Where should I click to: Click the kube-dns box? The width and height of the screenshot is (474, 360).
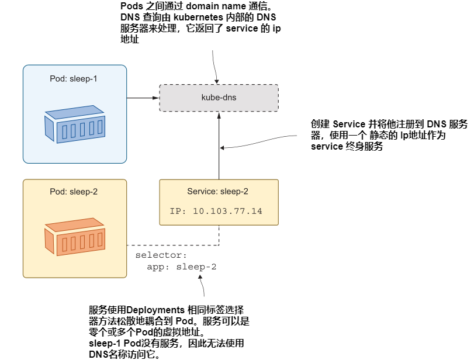click(x=219, y=98)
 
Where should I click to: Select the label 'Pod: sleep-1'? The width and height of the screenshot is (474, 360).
click(x=74, y=78)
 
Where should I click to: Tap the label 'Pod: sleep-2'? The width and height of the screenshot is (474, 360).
click(x=74, y=192)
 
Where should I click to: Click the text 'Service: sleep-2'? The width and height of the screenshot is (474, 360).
click(x=218, y=192)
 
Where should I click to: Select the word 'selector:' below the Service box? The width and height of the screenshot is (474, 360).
click(x=161, y=255)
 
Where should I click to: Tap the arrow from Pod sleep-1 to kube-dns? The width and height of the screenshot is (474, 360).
click(x=143, y=98)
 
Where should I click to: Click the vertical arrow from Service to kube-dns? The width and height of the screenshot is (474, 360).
click(x=219, y=146)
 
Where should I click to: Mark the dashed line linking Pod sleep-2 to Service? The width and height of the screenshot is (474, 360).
click(x=175, y=244)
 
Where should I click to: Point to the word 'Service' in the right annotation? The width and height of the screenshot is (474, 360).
click(x=350, y=124)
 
